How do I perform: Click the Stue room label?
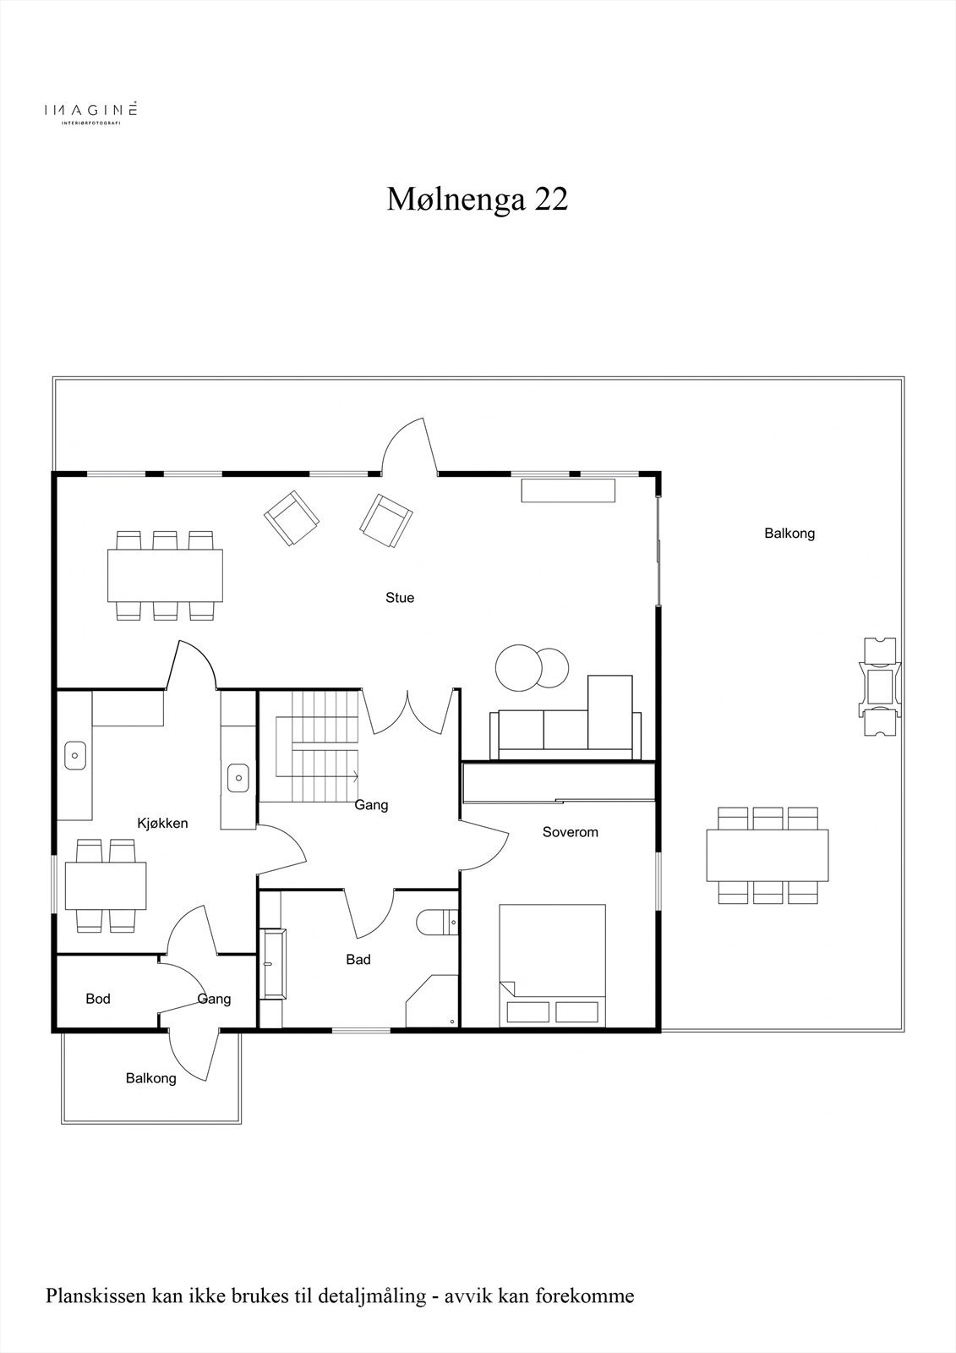click(x=400, y=598)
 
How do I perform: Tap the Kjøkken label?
click(x=162, y=823)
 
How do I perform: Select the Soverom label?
click(x=570, y=832)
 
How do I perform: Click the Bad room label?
click(x=358, y=960)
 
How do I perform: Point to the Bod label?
click(x=98, y=999)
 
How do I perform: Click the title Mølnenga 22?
click(x=478, y=200)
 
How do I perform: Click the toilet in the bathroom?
click(x=436, y=923)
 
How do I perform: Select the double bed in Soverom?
click(x=552, y=965)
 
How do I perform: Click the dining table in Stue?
click(x=166, y=576)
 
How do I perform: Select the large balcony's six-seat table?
click(x=768, y=855)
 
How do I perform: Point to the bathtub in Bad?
click(x=274, y=964)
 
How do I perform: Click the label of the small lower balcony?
click(x=150, y=1078)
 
